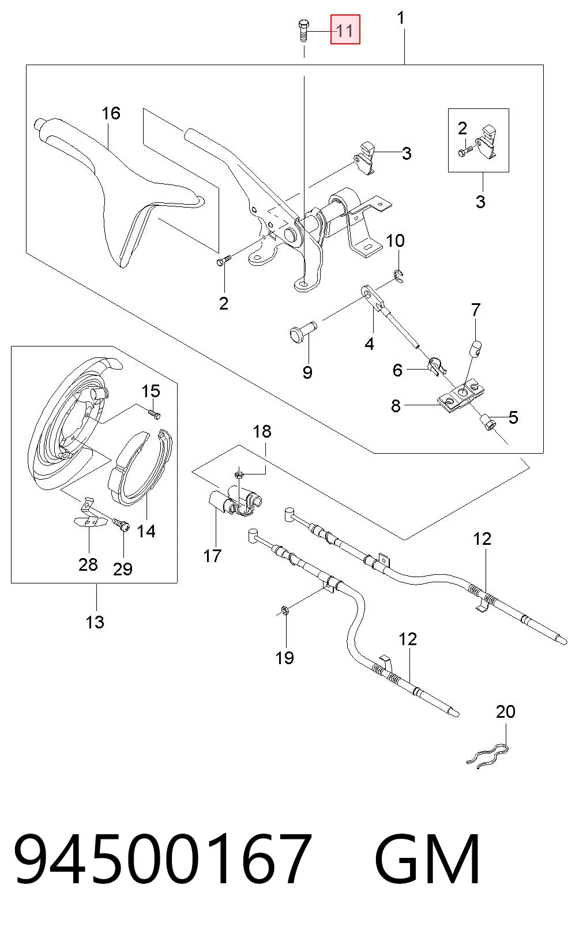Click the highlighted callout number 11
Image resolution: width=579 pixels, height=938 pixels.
coord(345,30)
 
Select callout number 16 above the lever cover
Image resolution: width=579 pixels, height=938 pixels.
coord(111,113)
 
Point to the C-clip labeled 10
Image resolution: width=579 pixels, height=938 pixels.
coord(399,277)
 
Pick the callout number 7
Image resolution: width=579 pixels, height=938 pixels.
coord(476,310)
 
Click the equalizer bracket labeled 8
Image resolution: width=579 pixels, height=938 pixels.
coord(458,397)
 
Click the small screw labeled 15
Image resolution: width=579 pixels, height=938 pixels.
coord(155,414)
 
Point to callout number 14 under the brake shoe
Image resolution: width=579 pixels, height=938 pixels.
coord(146,531)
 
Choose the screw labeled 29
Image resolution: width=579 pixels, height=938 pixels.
coord(121,525)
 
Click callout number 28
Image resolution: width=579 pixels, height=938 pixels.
coord(88,564)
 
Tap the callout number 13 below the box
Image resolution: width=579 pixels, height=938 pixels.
coord(95,622)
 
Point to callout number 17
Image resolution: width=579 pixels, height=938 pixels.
coord(212,556)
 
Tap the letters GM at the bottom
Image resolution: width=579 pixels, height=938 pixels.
coord(427,858)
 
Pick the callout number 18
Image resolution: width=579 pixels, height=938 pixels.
coord(262,431)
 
